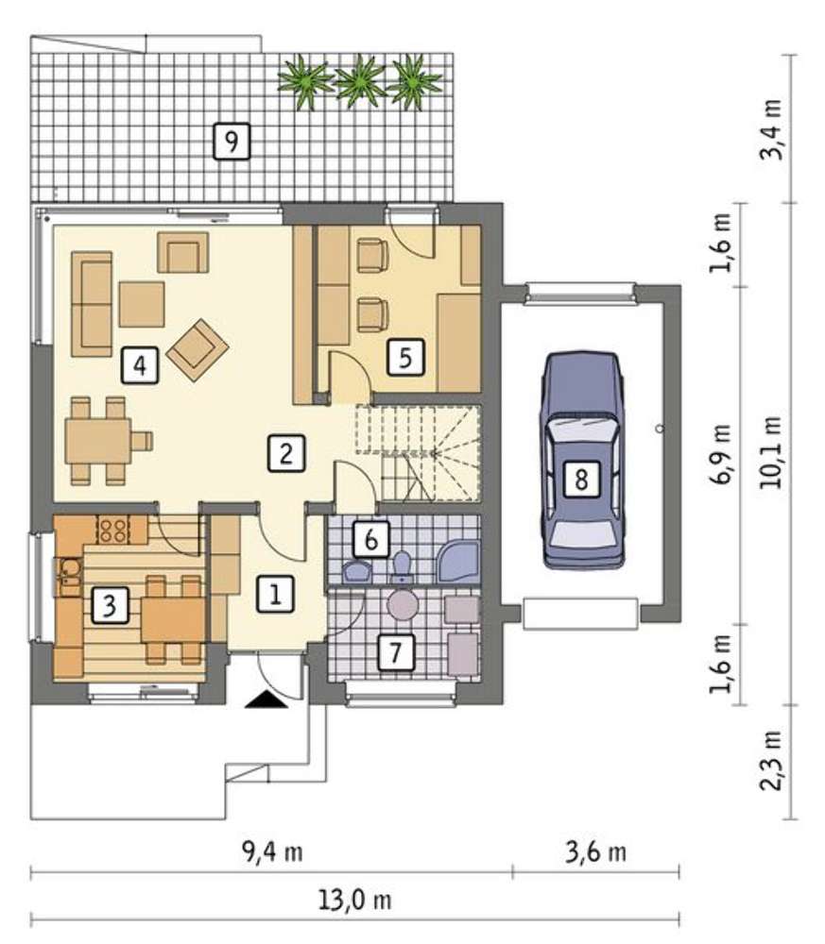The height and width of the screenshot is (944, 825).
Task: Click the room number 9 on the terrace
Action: click(232, 142)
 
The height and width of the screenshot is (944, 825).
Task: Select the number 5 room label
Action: click(405, 358)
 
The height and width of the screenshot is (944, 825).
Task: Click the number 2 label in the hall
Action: click(286, 453)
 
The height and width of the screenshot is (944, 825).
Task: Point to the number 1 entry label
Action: click(275, 594)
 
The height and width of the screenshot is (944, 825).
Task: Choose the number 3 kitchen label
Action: click(110, 605)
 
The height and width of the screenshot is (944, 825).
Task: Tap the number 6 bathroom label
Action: click(371, 539)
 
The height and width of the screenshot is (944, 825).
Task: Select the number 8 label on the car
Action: click(581, 480)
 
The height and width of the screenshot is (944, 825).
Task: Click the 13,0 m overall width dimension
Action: click(355, 901)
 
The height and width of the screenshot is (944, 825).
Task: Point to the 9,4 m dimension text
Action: click(272, 851)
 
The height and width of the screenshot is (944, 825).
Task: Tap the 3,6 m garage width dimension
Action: click(596, 851)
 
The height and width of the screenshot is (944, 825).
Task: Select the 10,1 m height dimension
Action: click(772, 452)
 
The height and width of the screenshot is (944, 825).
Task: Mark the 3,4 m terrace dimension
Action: click(772, 128)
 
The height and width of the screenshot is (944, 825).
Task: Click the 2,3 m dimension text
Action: click(772, 760)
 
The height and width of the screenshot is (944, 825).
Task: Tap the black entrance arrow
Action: click(266, 700)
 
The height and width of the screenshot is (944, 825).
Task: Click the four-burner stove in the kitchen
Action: click(112, 531)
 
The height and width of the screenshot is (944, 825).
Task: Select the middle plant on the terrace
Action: click(360, 81)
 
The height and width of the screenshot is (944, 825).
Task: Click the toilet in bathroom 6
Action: click(402, 566)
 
